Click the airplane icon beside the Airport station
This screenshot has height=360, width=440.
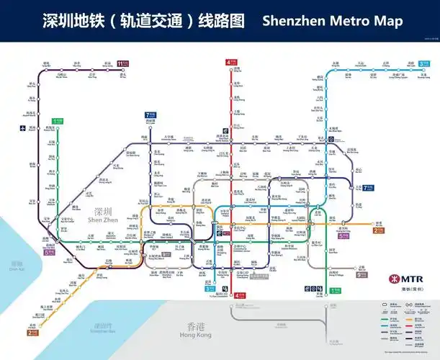(32, 128)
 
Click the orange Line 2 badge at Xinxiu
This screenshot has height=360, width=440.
(378, 230)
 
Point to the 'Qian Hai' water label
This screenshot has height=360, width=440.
(16, 268)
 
